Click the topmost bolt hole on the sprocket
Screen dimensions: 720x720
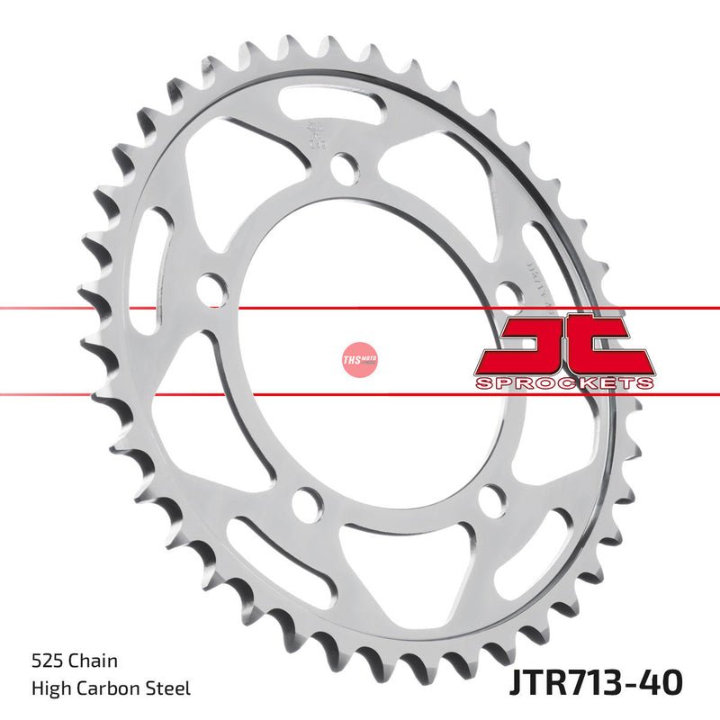[x=344, y=167]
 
